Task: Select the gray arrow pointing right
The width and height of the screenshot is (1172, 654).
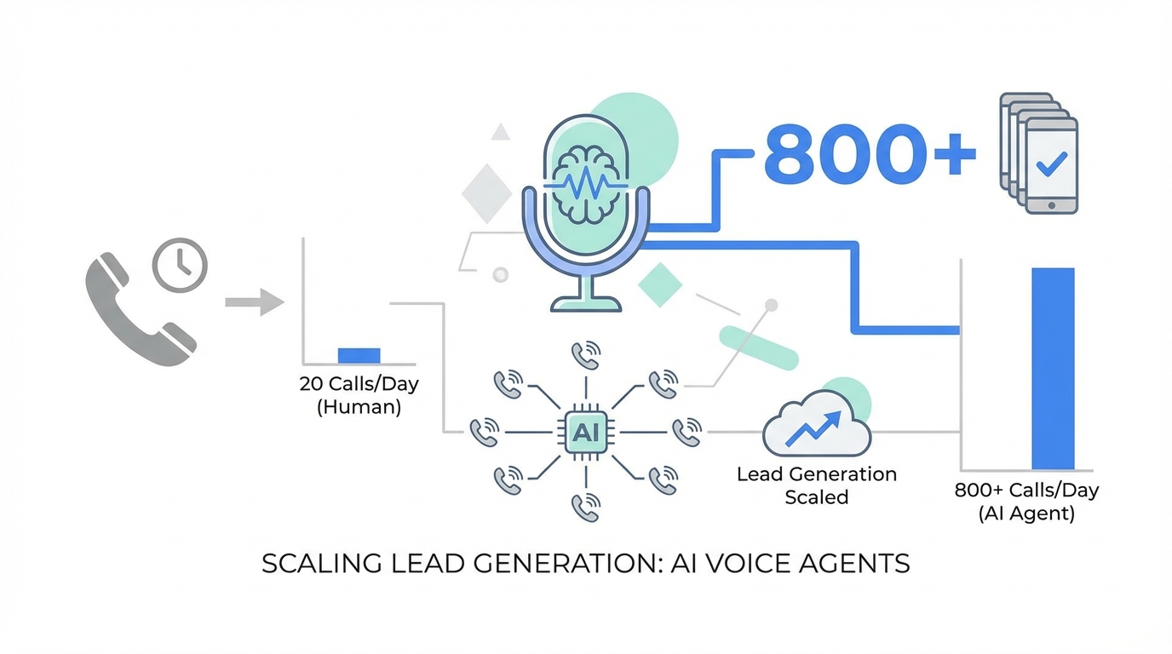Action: point(254,301)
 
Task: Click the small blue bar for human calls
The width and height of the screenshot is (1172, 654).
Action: point(359,356)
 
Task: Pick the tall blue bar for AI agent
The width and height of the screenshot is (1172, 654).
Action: point(1053,369)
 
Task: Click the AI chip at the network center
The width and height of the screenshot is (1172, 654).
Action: point(585,432)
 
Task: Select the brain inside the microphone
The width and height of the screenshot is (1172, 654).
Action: point(585,181)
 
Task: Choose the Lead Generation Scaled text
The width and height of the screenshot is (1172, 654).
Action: point(817,485)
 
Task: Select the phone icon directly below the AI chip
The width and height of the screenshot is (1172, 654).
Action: point(585,507)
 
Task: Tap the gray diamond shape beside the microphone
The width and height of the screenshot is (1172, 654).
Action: point(486,193)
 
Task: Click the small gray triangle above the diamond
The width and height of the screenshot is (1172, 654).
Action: point(501,132)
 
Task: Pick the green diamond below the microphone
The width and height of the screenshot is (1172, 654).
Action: point(660,284)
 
